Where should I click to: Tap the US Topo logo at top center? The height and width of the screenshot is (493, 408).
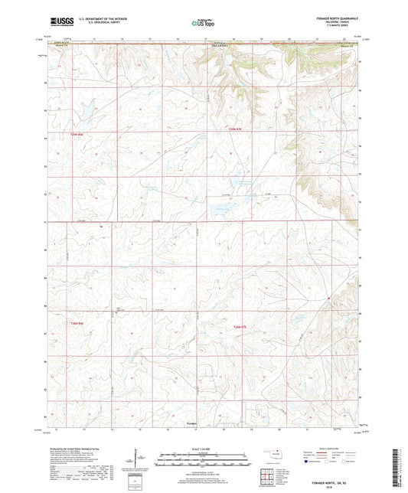pos(204,24)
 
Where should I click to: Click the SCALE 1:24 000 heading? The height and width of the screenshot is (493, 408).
pos(204,449)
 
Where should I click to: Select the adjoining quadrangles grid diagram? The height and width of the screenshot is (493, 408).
pos(270,475)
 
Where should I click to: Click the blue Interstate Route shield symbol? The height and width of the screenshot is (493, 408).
pos(308,462)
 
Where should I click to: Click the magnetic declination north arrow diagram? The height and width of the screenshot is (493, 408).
pos(139,460)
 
